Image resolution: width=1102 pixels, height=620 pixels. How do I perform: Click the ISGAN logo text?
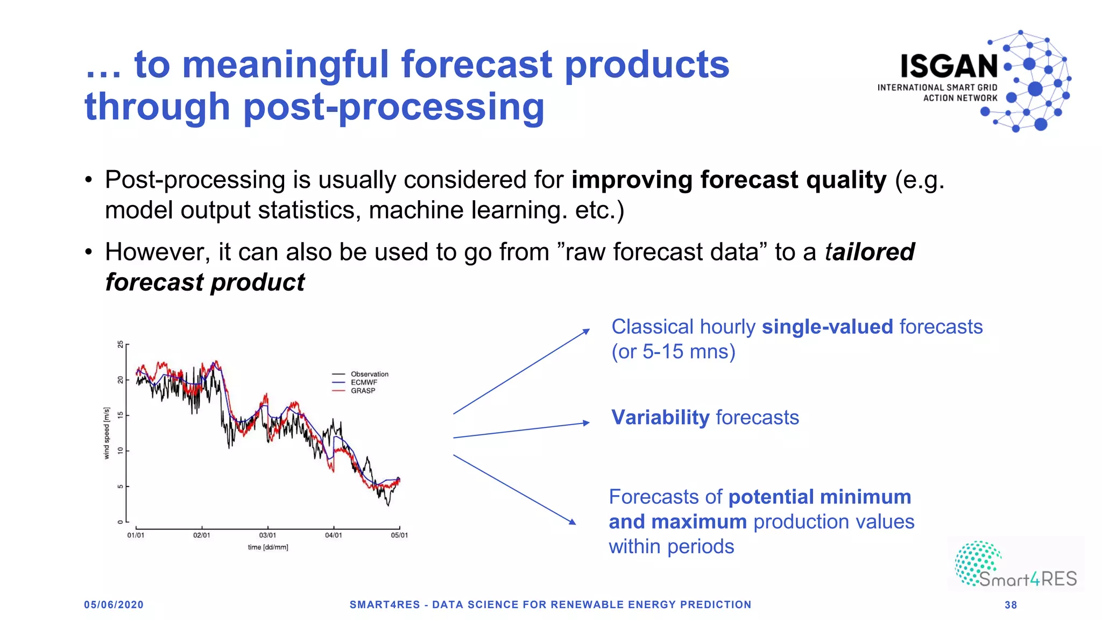coord(949,67)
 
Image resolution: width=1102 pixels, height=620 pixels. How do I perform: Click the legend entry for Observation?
coord(369,374)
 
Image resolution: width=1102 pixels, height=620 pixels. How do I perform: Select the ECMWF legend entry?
coord(364,383)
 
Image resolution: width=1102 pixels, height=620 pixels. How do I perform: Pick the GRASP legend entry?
coord(363,391)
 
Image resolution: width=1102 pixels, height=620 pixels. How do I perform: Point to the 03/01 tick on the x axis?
coord(267,535)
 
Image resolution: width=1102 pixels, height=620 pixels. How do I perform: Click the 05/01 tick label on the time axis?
coord(399,535)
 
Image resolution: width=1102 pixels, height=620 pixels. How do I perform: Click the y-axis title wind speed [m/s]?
coord(107,433)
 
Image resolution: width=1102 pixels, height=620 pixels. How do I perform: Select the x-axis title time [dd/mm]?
coord(268,547)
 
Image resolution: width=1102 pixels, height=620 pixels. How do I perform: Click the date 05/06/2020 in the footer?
coord(114,605)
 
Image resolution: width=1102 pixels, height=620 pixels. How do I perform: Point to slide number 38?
coord(1011,605)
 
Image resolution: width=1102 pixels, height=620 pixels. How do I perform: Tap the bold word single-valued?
coord(827,327)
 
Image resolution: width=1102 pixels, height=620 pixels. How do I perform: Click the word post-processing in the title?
coord(393,107)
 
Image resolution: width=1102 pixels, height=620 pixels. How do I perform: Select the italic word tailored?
coord(869,252)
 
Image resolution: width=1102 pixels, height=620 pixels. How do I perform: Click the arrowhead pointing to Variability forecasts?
coord(587,423)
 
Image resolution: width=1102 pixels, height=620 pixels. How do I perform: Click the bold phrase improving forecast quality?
coord(729,180)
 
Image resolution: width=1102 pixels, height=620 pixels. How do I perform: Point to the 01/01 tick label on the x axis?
coord(136,535)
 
